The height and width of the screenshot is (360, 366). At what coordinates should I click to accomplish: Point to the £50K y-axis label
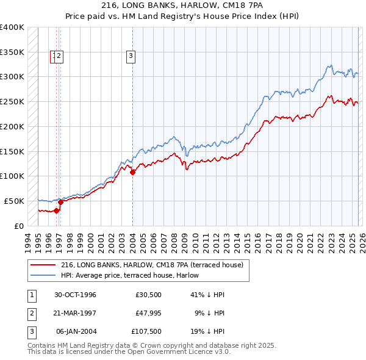13,201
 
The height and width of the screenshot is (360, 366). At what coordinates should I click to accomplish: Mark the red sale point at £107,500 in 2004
132,173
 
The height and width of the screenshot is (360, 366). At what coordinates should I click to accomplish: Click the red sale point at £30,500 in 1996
56,211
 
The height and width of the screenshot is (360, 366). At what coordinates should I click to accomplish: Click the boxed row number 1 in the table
30,295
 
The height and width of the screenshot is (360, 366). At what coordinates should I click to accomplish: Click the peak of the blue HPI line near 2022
329,65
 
